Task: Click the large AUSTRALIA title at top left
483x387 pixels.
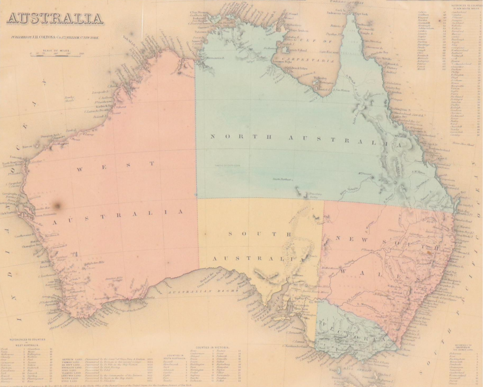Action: [55, 19]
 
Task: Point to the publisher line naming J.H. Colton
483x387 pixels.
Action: [55, 38]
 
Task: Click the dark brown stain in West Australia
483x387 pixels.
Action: [57, 206]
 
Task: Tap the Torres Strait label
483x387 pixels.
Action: [346, 2]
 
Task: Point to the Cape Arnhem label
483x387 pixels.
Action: [300, 31]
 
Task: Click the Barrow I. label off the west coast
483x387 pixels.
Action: [28, 146]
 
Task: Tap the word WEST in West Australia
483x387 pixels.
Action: [115, 166]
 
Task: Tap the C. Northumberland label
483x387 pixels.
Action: [294, 346]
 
